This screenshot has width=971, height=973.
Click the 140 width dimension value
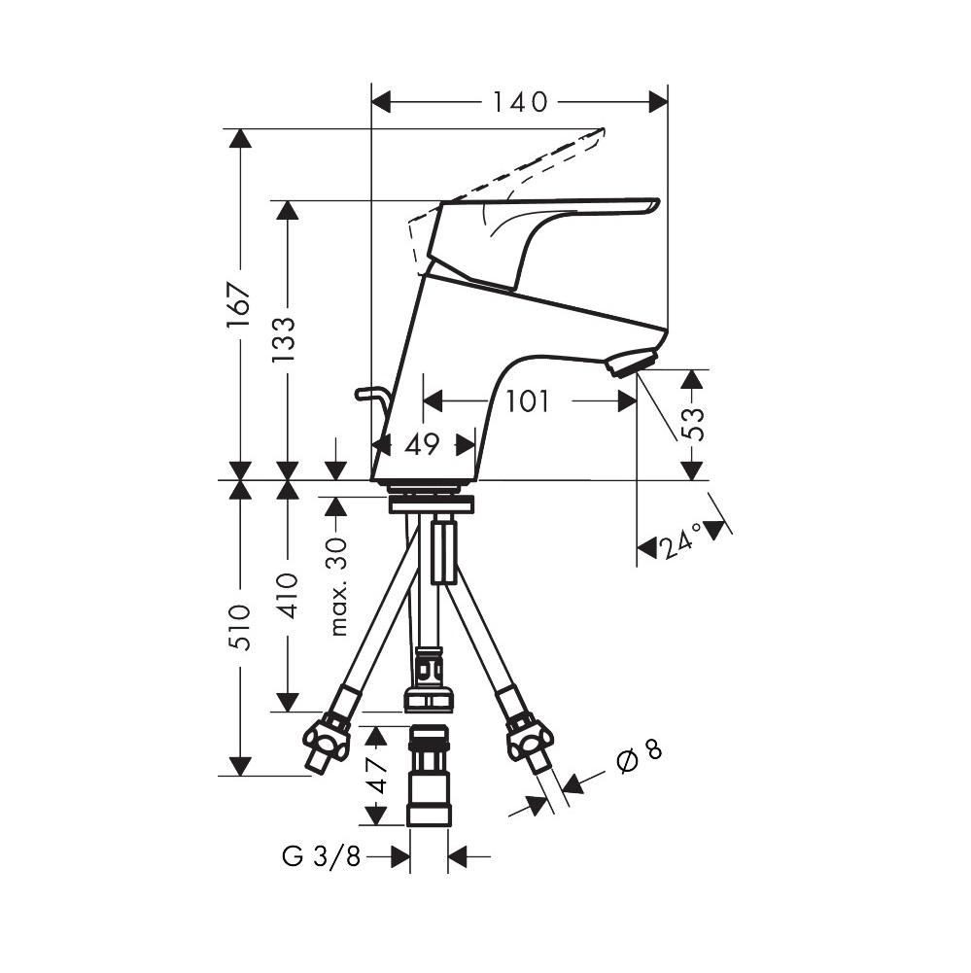coord(519,102)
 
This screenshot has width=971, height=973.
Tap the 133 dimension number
coord(285,338)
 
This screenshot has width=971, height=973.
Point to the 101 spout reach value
coord(528,400)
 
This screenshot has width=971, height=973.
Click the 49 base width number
coord(422,444)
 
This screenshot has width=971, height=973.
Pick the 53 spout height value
coord(692,425)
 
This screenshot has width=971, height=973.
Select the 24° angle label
coord(680,543)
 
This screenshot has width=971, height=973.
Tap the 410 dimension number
coord(287,595)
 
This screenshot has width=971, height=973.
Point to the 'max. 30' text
coord(337,585)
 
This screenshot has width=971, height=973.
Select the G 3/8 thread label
coord(321,856)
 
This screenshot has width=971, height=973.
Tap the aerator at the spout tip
coord(631,365)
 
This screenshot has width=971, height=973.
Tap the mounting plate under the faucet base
coord(430,504)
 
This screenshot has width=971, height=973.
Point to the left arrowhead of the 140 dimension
coord(381,102)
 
